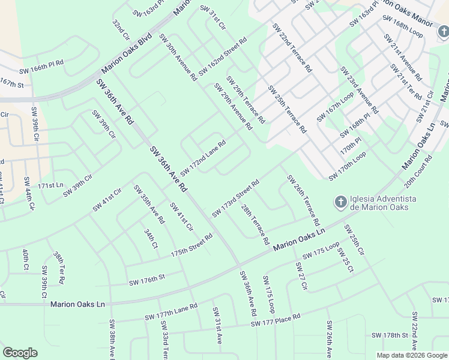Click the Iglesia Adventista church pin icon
coord(340,202)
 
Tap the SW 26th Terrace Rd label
coord(303,200)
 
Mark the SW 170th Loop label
coord(347,166)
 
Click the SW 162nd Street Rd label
coord(223,58)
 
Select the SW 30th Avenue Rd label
coord(178,57)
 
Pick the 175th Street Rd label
coord(191,245)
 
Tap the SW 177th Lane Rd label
coord(170,313)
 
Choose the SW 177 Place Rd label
coord(276,320)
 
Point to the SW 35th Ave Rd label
coord(149,204)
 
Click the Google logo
coord(20,352)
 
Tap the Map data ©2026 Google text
coord(411,355)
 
